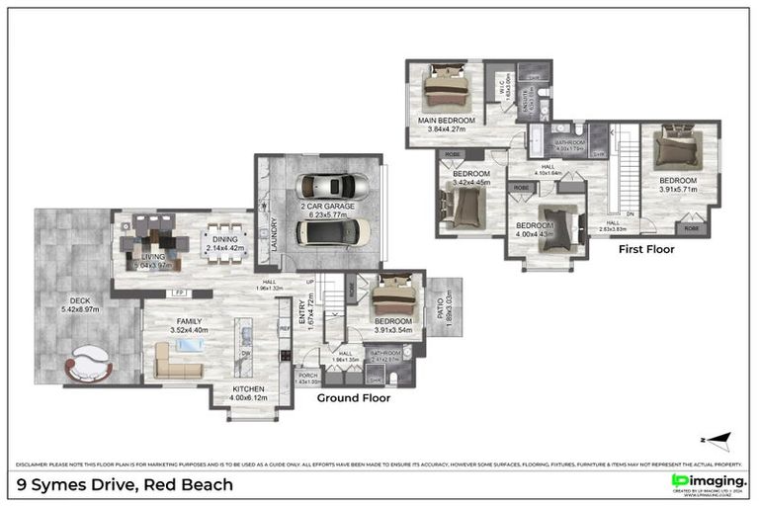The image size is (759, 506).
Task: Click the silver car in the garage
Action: pyautogui.click(x=333, y=186)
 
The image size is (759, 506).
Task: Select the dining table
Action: pyautogui.click(x=220, y=243)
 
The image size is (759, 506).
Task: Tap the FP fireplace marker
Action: pyautogui.click(x=179, y=294)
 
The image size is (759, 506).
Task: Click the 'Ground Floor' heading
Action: pyautogui.click(x=353, y=398)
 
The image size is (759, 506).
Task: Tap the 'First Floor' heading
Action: pyautogui.click(x=646, y=250)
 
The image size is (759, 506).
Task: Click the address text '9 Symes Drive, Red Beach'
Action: pyautogui.click(x=126, y=484)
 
